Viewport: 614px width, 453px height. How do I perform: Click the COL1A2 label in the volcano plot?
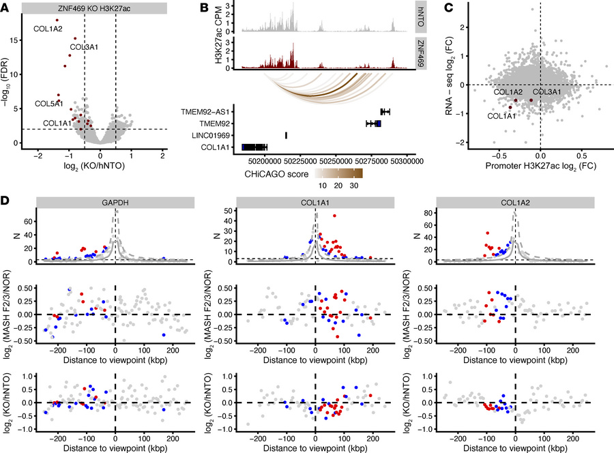pyautogui.click(x=48, y=29)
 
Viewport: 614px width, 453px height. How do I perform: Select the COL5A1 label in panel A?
pyautogui.click(x=48, y=104)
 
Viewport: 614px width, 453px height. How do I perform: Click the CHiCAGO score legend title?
pyautogui.click(x=274, y=173)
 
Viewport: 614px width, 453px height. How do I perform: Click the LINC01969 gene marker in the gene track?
pyautogui.click(x=286, y=135)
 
